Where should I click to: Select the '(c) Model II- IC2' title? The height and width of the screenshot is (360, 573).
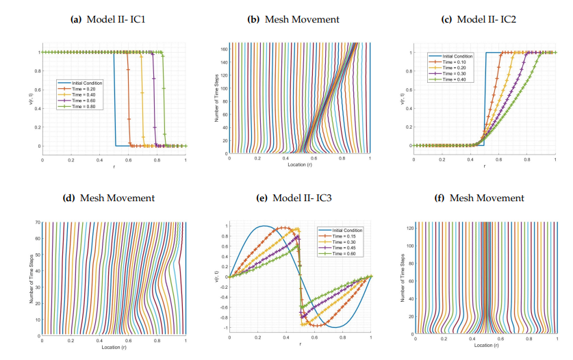(479, 19)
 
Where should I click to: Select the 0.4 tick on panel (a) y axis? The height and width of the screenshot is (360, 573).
(36, 108)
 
